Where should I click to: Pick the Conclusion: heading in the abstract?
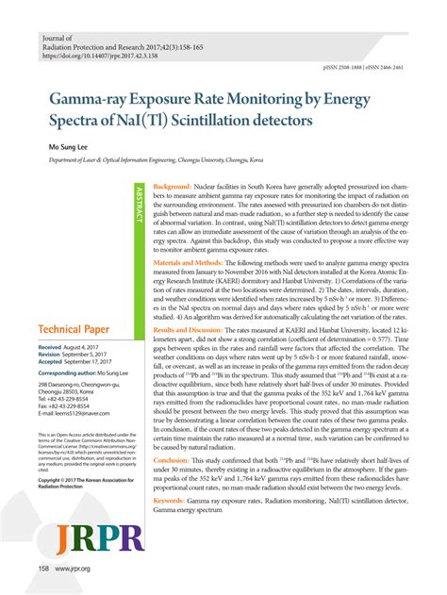(x=174, y=487)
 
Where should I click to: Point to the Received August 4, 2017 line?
(x=74, y=374)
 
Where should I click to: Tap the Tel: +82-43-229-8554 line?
(x=70, y=424)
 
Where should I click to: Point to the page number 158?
(x=43, y=569)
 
